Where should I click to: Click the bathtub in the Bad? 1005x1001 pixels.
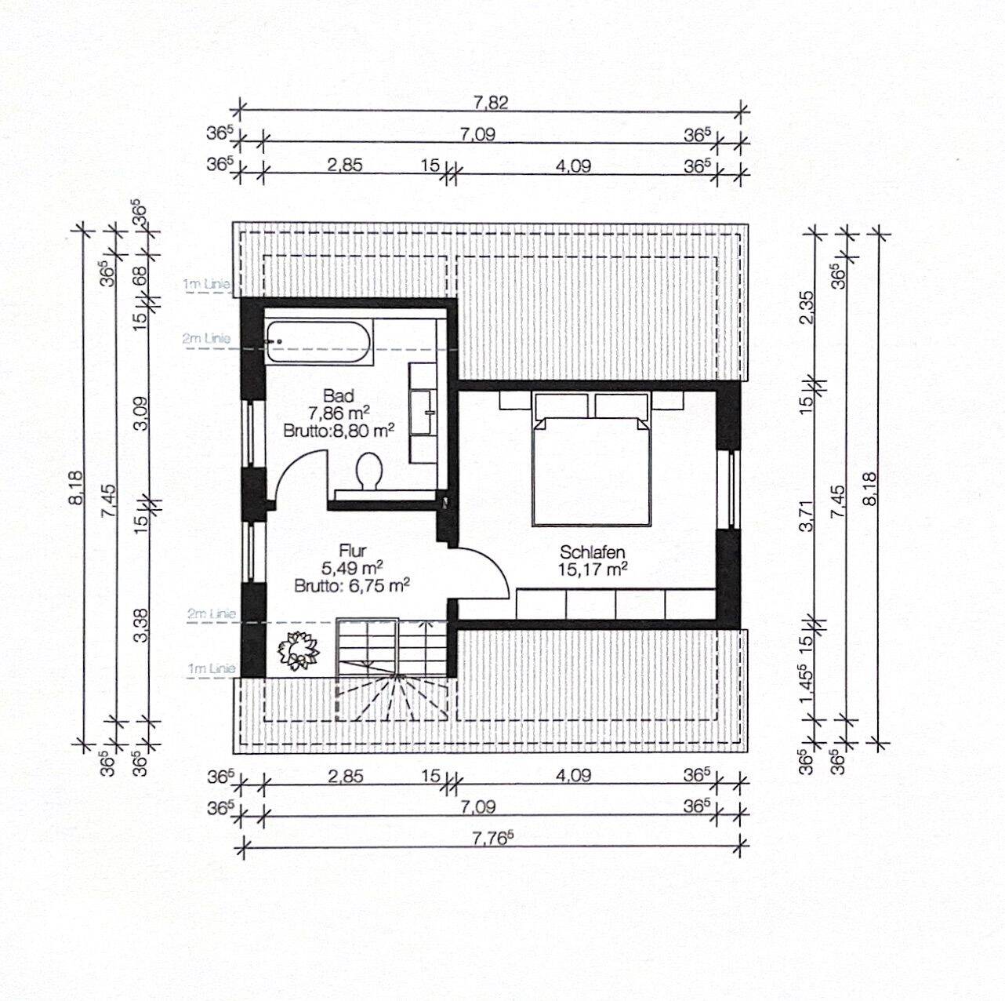(x=318, y=342)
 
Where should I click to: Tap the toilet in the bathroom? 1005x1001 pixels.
(x=368, y=471)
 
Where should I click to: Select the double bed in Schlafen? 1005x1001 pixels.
(x=592, y=471)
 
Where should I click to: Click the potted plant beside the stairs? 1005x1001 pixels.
(x=297, y=650)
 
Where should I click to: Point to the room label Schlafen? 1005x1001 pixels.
(x=592, y=552)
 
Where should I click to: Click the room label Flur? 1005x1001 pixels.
(x=353, y=551)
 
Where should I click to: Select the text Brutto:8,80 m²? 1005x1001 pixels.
(x=339, y=430)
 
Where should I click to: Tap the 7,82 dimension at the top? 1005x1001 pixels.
(x=492, y=102)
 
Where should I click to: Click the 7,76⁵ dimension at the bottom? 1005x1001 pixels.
(x=493, y=837)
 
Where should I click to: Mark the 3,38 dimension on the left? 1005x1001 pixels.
(x=141, y=626)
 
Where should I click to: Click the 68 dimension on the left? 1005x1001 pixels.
(x=141, y=276)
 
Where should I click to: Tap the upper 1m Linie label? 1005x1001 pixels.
(x=207, y=284)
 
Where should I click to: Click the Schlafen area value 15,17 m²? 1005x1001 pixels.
(x=592, y=570)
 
